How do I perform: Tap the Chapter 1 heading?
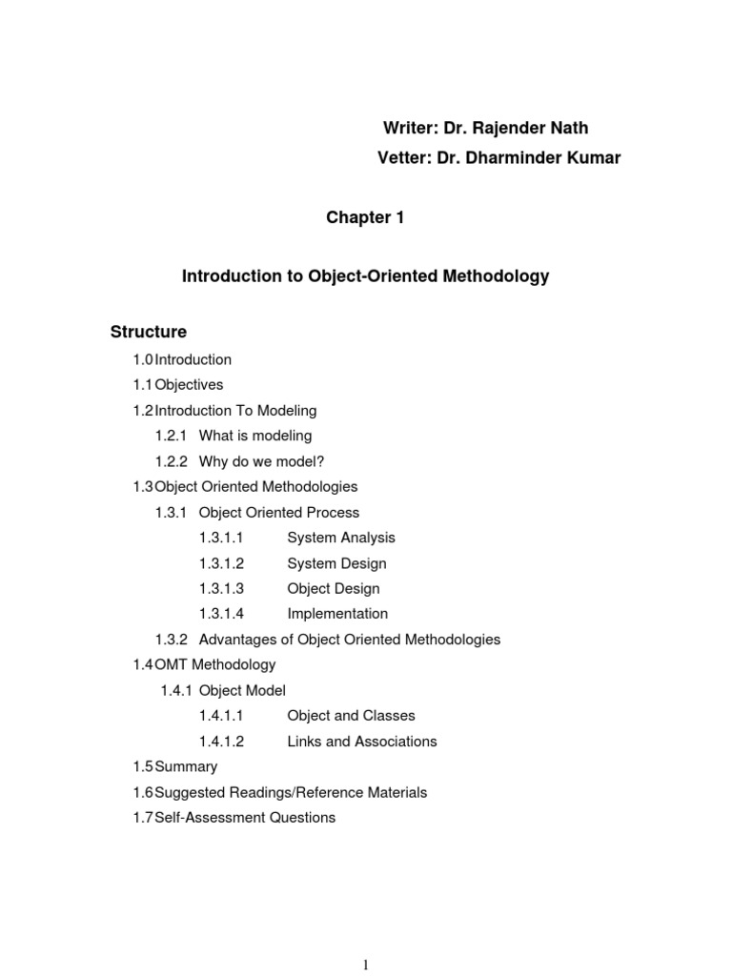click(x=365, y=218)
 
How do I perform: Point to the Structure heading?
click(x=149, y=332)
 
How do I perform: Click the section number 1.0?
click(x=143, y=359)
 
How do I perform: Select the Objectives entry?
click(x=189, y=385)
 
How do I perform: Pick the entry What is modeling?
click(x=255, y=436)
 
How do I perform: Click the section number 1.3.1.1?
click(x=222, y=538)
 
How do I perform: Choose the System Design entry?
click(x=336, y=563)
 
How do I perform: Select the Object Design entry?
click(x=334, y=589)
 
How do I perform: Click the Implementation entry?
click(x=337, y=614)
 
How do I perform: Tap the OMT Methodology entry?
click(x=214, y=664)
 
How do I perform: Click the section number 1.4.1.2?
click(x=222, y=742)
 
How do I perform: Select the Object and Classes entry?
click(x=351, y=716)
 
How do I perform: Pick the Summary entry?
click(x=186, y=766)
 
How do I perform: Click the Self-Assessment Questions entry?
click(x=245, y=818)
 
